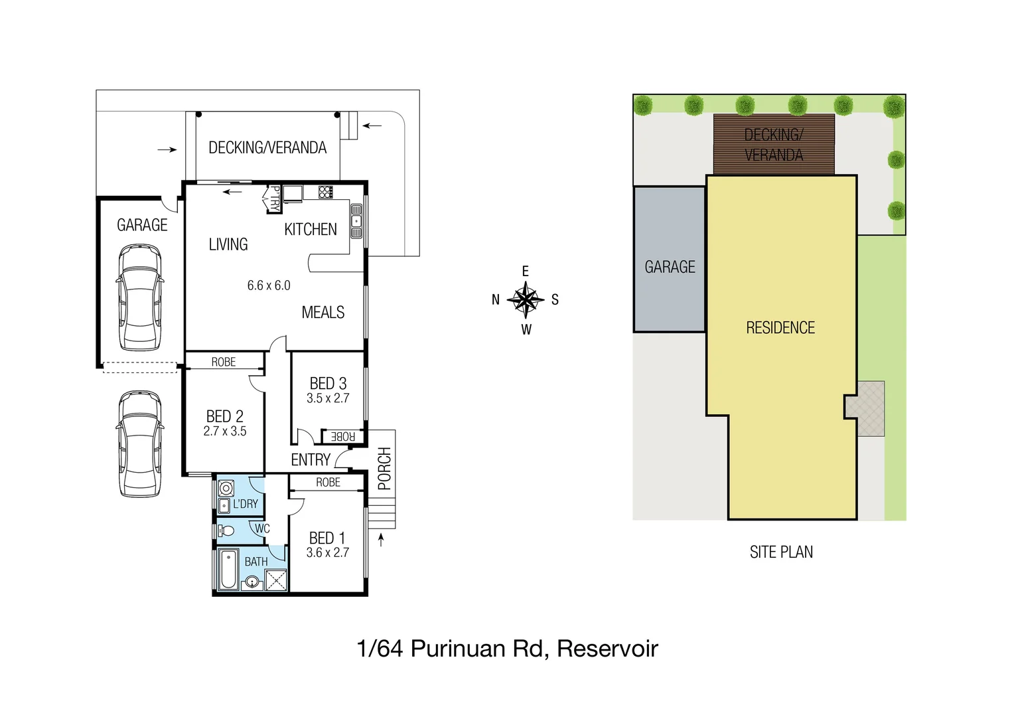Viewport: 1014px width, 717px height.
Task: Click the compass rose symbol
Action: pyautogui.click(x=526, y=300)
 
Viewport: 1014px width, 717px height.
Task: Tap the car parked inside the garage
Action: pyautogui.click(x=140, y=297)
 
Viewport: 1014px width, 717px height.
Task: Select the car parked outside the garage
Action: pyautogui.click(x=140, y=443)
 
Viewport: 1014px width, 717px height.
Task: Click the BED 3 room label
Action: pyautogui.click(x=328, y=384)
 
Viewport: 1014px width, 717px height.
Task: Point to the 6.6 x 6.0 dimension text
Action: pyautogui.click(x=269, y=285)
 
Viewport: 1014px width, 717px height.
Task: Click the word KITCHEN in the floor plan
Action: pyautogui.click(x=311, y=230)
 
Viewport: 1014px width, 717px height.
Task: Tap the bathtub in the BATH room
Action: pyautogui.click(x=228, y=569)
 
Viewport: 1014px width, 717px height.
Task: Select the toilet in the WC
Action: pyautogui.click(x=226, y=530)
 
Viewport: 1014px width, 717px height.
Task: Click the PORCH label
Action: pyautogui.click(x=384, y=469)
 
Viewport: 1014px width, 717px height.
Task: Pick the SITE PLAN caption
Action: pyautogui.click(x=781, y=552)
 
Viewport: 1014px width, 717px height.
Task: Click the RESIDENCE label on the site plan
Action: pyautogui.click(x=780, y=328)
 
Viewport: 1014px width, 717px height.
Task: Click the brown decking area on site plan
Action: pyautogui.click(x=774, y=145)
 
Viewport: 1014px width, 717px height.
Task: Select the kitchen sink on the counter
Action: pyautogui.click(x=356, y=221)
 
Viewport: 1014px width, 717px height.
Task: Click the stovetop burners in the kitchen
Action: pyautogui.click(x=326, y=193)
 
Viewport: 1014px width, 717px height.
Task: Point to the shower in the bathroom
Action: pyautogui.click(x=276, y=580)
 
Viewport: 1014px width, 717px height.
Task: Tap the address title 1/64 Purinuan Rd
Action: pyautogui.click(x=507, y=649)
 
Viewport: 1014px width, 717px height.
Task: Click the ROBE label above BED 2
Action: pyautogui.click(x=224, y=362)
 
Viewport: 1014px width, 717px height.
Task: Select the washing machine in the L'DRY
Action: pyautogui.click(x=226, y=489)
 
